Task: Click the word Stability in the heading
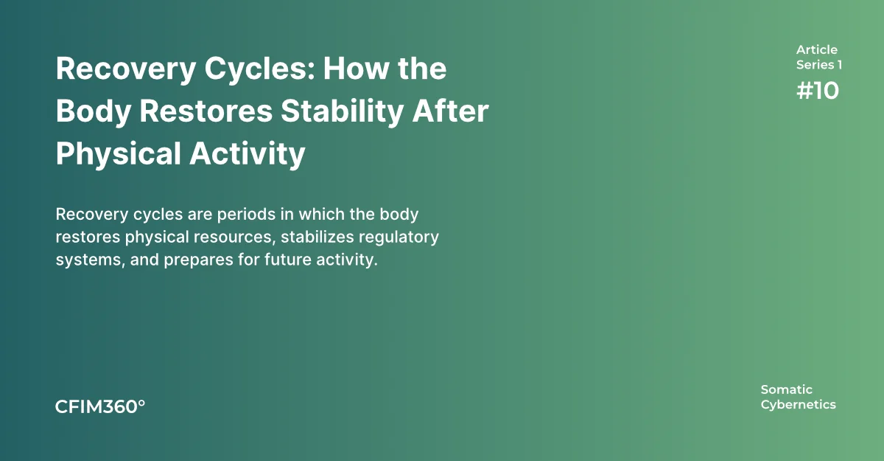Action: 342,112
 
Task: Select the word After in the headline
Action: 451,111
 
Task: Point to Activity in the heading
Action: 248,154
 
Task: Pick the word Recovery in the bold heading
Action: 126,69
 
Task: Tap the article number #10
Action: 818,91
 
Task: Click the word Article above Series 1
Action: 816,49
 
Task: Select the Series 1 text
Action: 819,65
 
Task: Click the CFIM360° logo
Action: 100,407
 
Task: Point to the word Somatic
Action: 787,389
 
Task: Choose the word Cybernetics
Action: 799,405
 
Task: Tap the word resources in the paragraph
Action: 234,238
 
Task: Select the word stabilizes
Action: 318,237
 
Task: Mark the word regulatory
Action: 399,238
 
